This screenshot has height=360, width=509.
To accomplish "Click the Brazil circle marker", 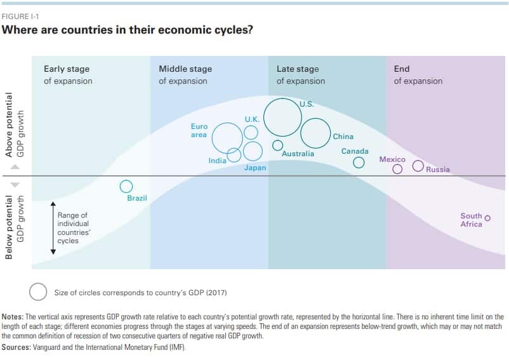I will pyautogui.click(x=126, y=186).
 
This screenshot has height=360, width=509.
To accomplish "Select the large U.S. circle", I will pyautogui.click(x=282, y=117).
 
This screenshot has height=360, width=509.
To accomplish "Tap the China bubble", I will pyautogui.click(x=315, y=133).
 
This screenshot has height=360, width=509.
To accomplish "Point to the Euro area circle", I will pyautogui.click(x=227, y=137).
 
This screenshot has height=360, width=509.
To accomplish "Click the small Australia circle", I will pyautogui.click(x=277, y=145).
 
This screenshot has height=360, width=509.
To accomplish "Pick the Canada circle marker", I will pyautogui.click(x=359, y=163).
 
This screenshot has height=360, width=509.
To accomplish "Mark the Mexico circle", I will pyautogui.click(x=397, y=170).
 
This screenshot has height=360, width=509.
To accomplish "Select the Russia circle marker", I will pyautogui.click(x=418, y=166).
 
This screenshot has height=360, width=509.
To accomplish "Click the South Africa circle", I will pyautogui.click(x=487, y=218).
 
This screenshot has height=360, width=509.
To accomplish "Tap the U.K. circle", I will pyautogui.click(x=251, y=132).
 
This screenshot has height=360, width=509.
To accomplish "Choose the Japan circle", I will pyautogui.click(x=253, y=151).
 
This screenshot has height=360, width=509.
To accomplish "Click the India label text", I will pyautogui.click(x=217, y=161).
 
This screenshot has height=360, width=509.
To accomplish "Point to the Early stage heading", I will pyautogui.click(x=67, y=69).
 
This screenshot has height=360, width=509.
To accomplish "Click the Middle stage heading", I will pyautogui.click(x=185, y=69).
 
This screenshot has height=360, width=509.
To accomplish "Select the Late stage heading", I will pyautogui.click(x=298, y=69).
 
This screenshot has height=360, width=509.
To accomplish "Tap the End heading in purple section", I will pyautogui.click(x=402, y=69).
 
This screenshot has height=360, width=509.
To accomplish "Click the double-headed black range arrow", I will pyautogui.click(x=53, y=229).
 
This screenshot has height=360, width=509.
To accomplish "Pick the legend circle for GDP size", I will pyautogui.click(x=38, y=292).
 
